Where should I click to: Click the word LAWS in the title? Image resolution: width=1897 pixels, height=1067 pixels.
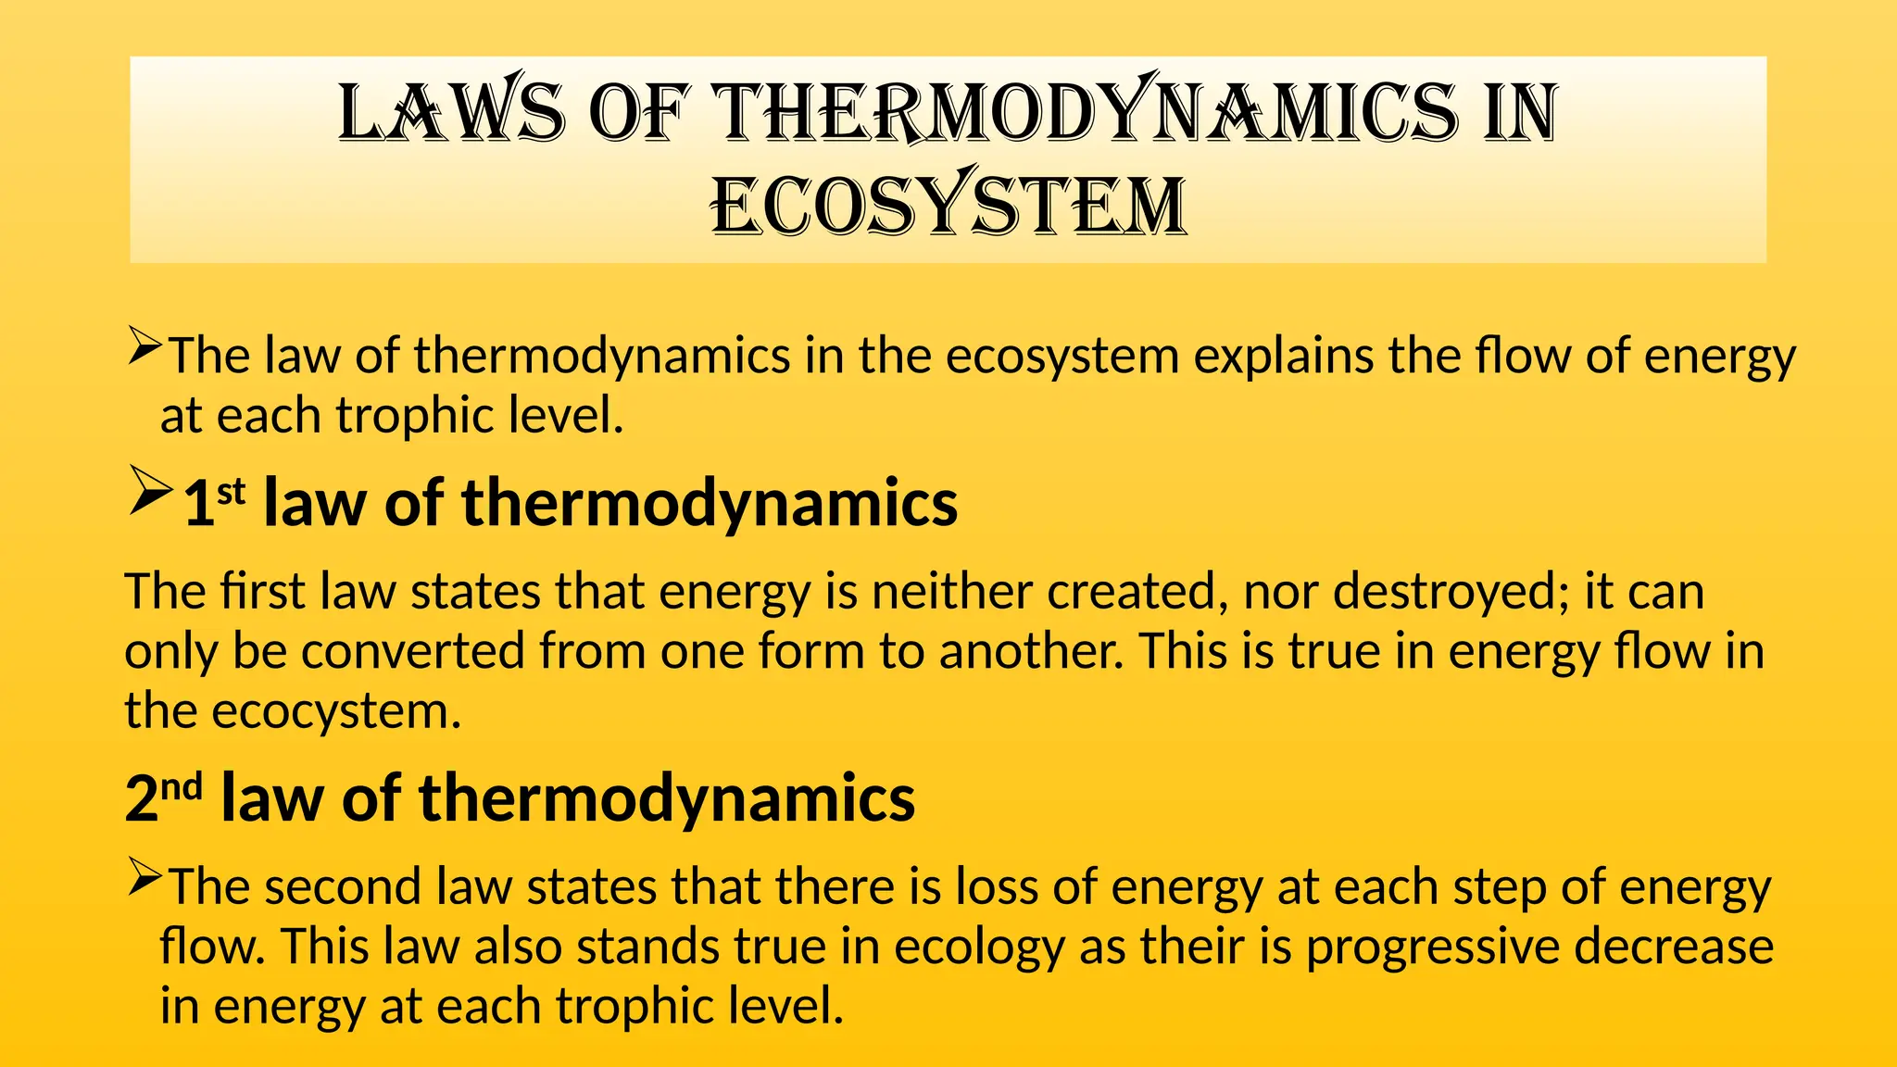pyautogui.click(x=451, y=112)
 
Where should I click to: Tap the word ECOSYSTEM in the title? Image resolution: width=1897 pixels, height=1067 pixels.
pyautogui.click(x=948, y=206)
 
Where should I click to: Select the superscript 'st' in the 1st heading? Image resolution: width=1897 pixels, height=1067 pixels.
pyautogui.click(x=232, y=491)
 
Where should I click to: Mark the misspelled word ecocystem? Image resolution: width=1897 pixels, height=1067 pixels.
pyautogui.click(x=336, y=711)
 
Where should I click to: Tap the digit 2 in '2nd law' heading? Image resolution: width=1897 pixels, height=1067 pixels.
pyautogui.click(x=142, y=798)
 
